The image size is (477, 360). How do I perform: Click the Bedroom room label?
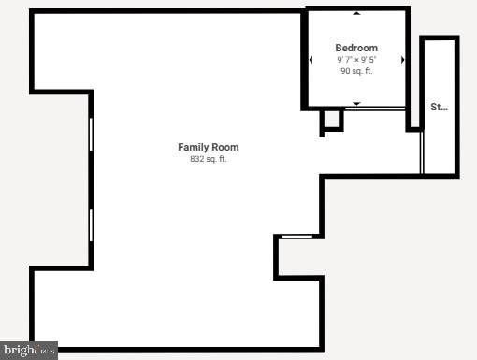[356, 48]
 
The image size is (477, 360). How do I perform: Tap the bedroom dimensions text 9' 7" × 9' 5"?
[356, 60]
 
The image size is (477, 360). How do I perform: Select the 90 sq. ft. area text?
[356, 71]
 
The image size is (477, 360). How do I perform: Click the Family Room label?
[209, 147]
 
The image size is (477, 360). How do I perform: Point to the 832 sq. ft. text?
[209, 159]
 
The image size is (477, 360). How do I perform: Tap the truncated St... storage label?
[439, 107]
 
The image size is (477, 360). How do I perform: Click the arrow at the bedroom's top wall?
[356, 14]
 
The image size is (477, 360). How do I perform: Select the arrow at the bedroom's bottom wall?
[356, 102]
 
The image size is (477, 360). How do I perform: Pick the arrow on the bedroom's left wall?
[311, 60]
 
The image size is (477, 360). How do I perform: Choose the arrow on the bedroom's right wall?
[402, 60]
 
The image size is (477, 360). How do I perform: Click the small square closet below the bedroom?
[331, 121]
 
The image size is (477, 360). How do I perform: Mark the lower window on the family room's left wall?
[91, 224]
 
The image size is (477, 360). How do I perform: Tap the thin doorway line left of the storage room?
[422, 151]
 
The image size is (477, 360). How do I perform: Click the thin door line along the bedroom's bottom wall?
[374, 109]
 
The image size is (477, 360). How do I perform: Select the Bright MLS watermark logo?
[29, 351]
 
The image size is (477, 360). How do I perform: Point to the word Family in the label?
[194, 147]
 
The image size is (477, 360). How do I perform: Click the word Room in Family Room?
[225, 147]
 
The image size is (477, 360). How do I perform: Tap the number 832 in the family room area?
[197, 159]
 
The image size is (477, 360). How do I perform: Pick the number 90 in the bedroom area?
[344, 71]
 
